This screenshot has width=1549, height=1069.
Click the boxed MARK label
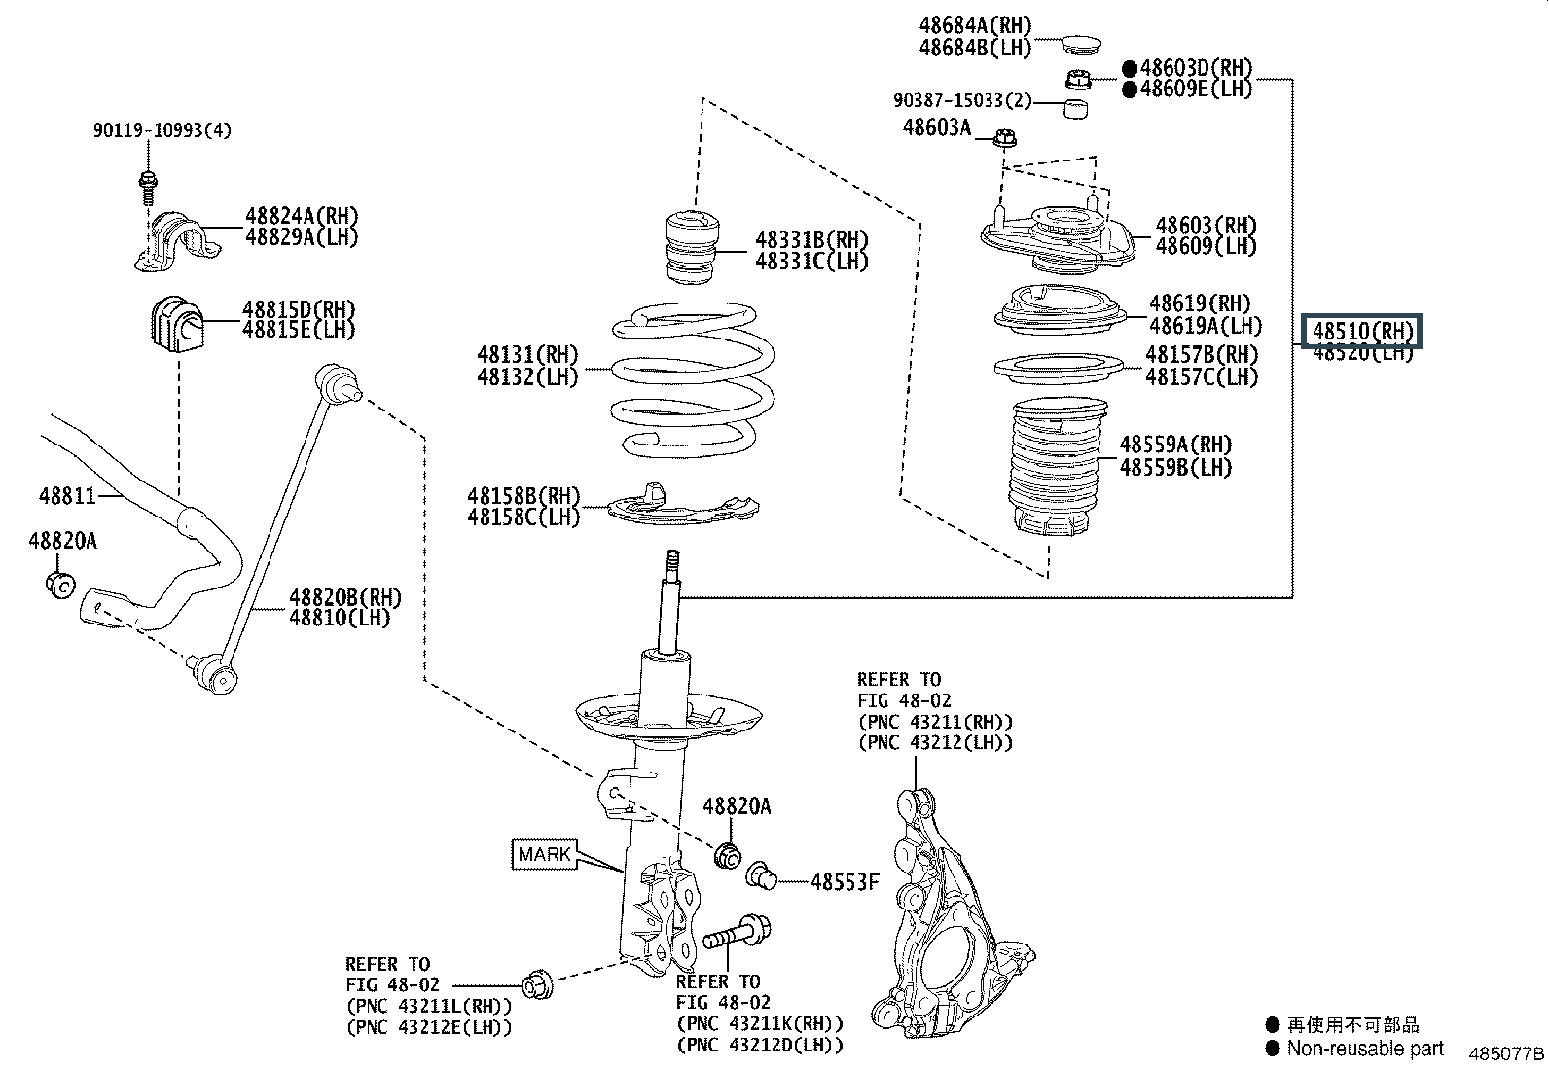coord(545,855)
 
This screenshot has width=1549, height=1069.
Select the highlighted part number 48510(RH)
coord(1362,331)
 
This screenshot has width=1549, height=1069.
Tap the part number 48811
coord(67,495)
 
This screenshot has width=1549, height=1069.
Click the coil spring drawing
coord(694,379)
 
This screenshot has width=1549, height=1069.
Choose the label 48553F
coord(845,882)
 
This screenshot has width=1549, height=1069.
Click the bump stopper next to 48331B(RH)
coord(694,247)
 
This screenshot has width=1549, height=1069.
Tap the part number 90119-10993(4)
coord(162,130)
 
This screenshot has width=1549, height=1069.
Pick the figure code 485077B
coord(1505,1053)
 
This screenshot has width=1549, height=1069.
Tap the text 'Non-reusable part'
coord(1365,1049)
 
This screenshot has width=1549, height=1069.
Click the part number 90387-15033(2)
coord(962,101)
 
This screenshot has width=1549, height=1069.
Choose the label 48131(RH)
coord(527,354)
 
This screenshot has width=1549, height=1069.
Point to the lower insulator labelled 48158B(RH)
coord(682,505)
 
